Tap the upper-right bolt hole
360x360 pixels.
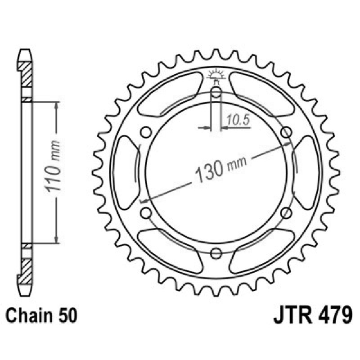click(285, 132)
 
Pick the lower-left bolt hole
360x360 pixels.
click(146, 212)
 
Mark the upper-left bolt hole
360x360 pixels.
click(146, 132)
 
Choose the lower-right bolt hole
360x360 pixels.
click(285, 212)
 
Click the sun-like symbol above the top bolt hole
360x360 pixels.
click(216, 75)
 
